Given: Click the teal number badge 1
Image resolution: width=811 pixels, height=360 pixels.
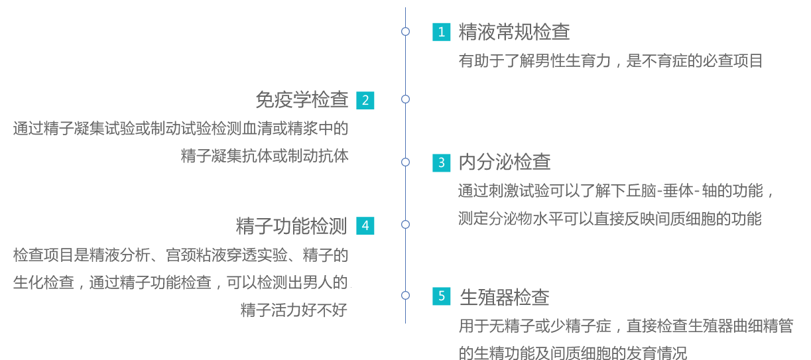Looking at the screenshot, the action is pos(442,32).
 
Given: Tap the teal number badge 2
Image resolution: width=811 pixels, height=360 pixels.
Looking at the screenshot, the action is pos(365,100).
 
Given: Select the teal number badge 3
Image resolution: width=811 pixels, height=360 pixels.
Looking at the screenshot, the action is pos(442,162).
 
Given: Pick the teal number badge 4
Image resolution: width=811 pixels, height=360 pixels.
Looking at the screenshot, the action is pos(365,226).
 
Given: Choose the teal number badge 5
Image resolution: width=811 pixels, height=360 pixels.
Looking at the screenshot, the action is pos(442,296).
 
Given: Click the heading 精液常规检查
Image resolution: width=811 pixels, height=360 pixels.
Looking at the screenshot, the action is pos(514,32).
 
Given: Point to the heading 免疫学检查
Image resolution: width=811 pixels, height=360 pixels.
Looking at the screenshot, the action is pos(302,99).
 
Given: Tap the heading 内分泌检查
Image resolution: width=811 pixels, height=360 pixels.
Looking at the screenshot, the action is pos(505,162).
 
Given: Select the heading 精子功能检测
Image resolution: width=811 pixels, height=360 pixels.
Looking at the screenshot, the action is pos(292,226).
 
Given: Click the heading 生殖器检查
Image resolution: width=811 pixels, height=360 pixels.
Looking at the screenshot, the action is pos(505,297).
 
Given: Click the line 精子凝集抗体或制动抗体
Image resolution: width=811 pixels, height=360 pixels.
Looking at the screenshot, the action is pos(265,156).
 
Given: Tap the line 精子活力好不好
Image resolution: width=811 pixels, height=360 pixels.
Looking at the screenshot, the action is pos(294,310).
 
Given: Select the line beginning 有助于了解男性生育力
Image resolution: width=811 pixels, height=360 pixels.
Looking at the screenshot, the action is pos(611,61).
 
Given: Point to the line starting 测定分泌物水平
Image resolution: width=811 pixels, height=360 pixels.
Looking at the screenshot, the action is pos(609,219).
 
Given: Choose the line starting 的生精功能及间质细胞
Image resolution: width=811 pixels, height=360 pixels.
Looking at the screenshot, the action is pos(573,353).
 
